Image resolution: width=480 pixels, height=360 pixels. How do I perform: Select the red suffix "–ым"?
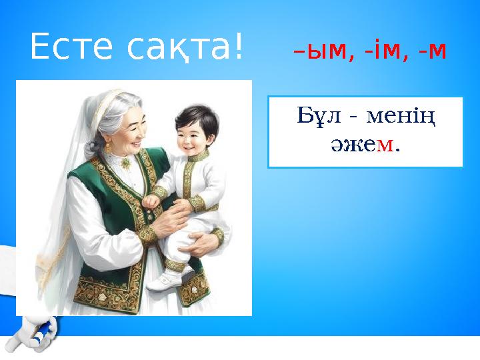(319, 51)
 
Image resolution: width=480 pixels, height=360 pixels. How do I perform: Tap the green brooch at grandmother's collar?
(125, 162)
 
